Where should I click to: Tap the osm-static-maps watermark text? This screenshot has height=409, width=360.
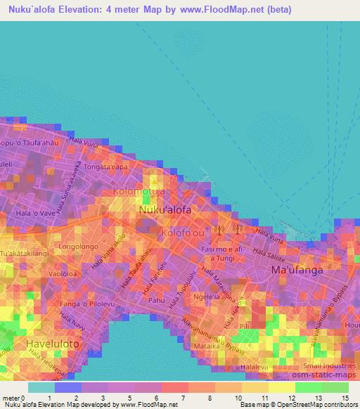coord(327,375)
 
